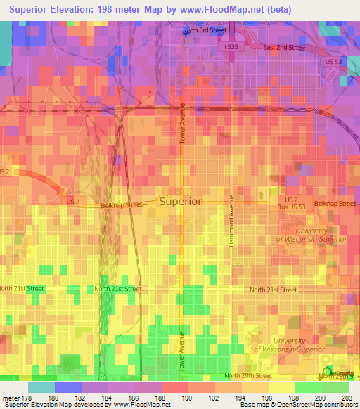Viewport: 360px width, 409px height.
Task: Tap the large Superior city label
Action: (x=181, y=201)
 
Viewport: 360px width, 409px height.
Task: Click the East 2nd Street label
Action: (x=284, y=48)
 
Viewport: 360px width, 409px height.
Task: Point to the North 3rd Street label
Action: (x=205, y=31)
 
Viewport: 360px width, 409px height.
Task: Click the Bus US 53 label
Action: (x=290, y=209)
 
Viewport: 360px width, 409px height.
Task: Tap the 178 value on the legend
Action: (x=27, y=398)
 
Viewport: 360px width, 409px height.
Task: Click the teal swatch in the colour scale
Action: (x=41, y=387)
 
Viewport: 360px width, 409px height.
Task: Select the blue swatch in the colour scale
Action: (x=67, y=387)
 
